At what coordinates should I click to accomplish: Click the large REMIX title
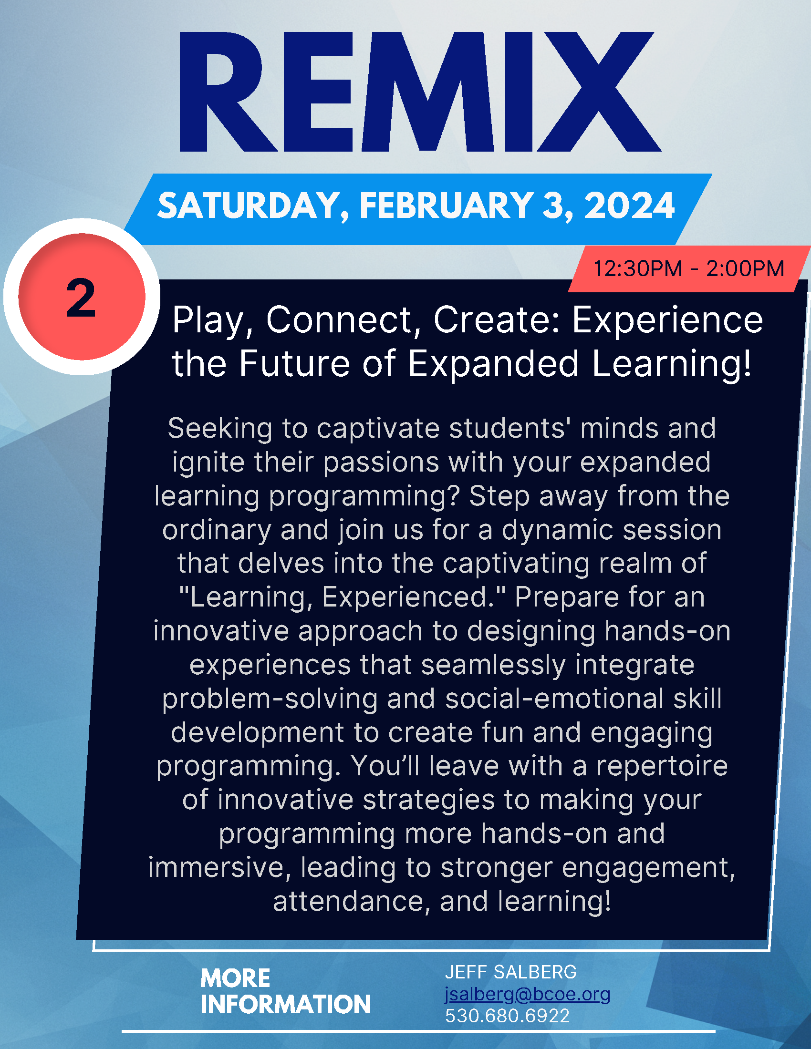click(420, 92)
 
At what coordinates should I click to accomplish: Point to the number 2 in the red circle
click(81, 298)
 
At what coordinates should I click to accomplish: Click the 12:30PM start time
click(638, 268)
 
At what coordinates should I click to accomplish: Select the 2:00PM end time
click(745, 268)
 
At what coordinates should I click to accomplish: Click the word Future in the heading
click(294, 363)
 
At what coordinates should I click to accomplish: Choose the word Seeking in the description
click(220, 429)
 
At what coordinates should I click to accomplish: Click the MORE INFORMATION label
click(285, 991)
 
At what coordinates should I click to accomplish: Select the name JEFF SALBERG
click(511, 972)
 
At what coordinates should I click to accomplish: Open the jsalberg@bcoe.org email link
click(528, 994)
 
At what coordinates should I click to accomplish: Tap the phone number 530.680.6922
click(508, 1016)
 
